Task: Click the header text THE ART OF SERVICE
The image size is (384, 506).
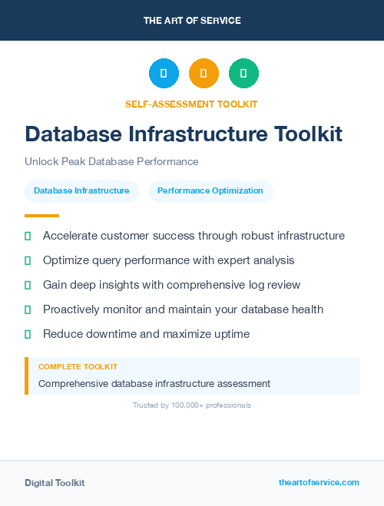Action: pyautogui.click(x=192, y=21)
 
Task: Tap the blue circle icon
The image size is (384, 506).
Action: pyautogui.click(x=164, y=74)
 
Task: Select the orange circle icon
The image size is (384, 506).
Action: pyautogui.click(x=204, y=74)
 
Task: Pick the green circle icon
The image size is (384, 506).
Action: pyautogui.click(x=243, y=74)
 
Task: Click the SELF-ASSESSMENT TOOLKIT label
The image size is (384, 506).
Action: pyautogui.click(x=191, y=104)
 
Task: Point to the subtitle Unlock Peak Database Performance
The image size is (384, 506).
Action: pyautogui.click(x=111, y=161)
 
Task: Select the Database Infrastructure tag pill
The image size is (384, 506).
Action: pyautogui.click(x=81, y=190)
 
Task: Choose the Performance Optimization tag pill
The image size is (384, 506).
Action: pyautogui.click(x=210, y=190)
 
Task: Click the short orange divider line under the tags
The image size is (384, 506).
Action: pyautogui.click(x=41, y=216)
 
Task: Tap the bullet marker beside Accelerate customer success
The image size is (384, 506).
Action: pyautogui.click(x=28, y=236)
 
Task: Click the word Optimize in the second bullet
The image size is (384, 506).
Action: pyautogui.click(x=66, y=260)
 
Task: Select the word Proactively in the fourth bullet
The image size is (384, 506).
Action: pyautogui.click(x=74, y=309)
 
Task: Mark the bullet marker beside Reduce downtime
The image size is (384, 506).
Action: pyautogui.click(x=28, y=334)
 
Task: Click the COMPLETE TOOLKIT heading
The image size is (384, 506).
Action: pyautogui.click(x=78, y=367)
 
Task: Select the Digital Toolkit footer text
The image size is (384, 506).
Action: pyautogui.click(x=55, y=482)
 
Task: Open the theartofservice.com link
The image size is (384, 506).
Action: pyautogui.click(x=319, y=482)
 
